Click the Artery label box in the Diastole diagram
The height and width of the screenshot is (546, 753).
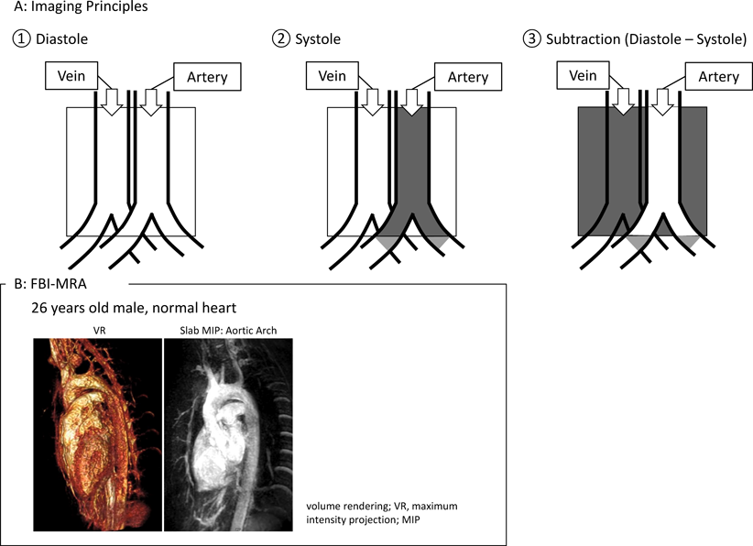pyautogui.click(x=207, y=77)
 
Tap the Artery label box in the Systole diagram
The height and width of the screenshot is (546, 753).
pyautogui.click(x=467, y=77)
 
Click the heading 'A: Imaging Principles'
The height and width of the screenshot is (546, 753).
pyautogui.click(x=74, y=8)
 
